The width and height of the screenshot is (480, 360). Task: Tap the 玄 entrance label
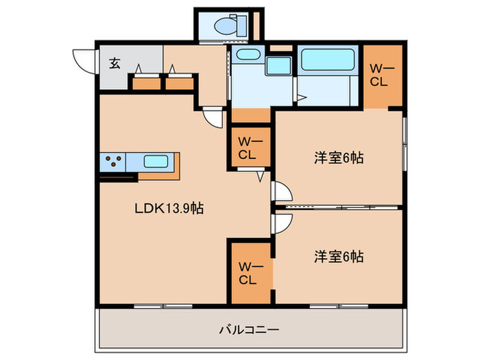pyautogui.click(x=115, y=64)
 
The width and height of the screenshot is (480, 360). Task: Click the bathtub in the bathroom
pyautogui.click(x=328, y=60)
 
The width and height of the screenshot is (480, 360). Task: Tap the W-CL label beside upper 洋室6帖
pyautogui.click(x=247, y=148)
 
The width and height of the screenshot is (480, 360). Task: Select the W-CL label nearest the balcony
pyautogui.click(x=247, y=273)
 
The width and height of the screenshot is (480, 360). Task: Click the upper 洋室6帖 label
pyautogui.click(x=338, y=158)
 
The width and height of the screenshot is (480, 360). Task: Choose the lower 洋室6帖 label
pyautogui.click(x=338, y=257)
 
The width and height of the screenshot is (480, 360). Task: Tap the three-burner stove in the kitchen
pyautogui.click(x=113, y=163)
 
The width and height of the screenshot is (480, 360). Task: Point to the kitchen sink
pyautogui.click(x=157, y=163)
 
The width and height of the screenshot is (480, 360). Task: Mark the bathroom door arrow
pyautogui.click(x=301, y=97)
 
